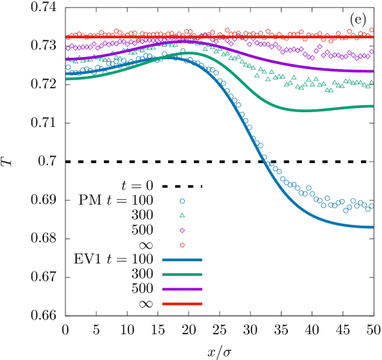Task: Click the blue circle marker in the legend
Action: pos(182,201)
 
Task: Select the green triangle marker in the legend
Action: pos(182,216)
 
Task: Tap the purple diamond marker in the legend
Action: pos(182,230)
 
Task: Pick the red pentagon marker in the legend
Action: pos(182,245)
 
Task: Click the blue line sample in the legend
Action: pos(182,260)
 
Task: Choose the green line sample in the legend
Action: pos(182,274)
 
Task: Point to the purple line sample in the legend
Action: pos(182,289)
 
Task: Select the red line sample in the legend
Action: pos(182,304)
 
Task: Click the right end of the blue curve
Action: pos(373,227)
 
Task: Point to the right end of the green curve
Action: pos(373,106)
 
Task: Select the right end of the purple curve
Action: pos(373,71)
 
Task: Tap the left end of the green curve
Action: pos(67,79)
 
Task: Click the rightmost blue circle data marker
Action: pos(372,206)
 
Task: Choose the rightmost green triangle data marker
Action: pos(372,81)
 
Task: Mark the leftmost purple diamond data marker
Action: pos(68,48)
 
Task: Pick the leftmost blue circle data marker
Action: pos(68,68)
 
